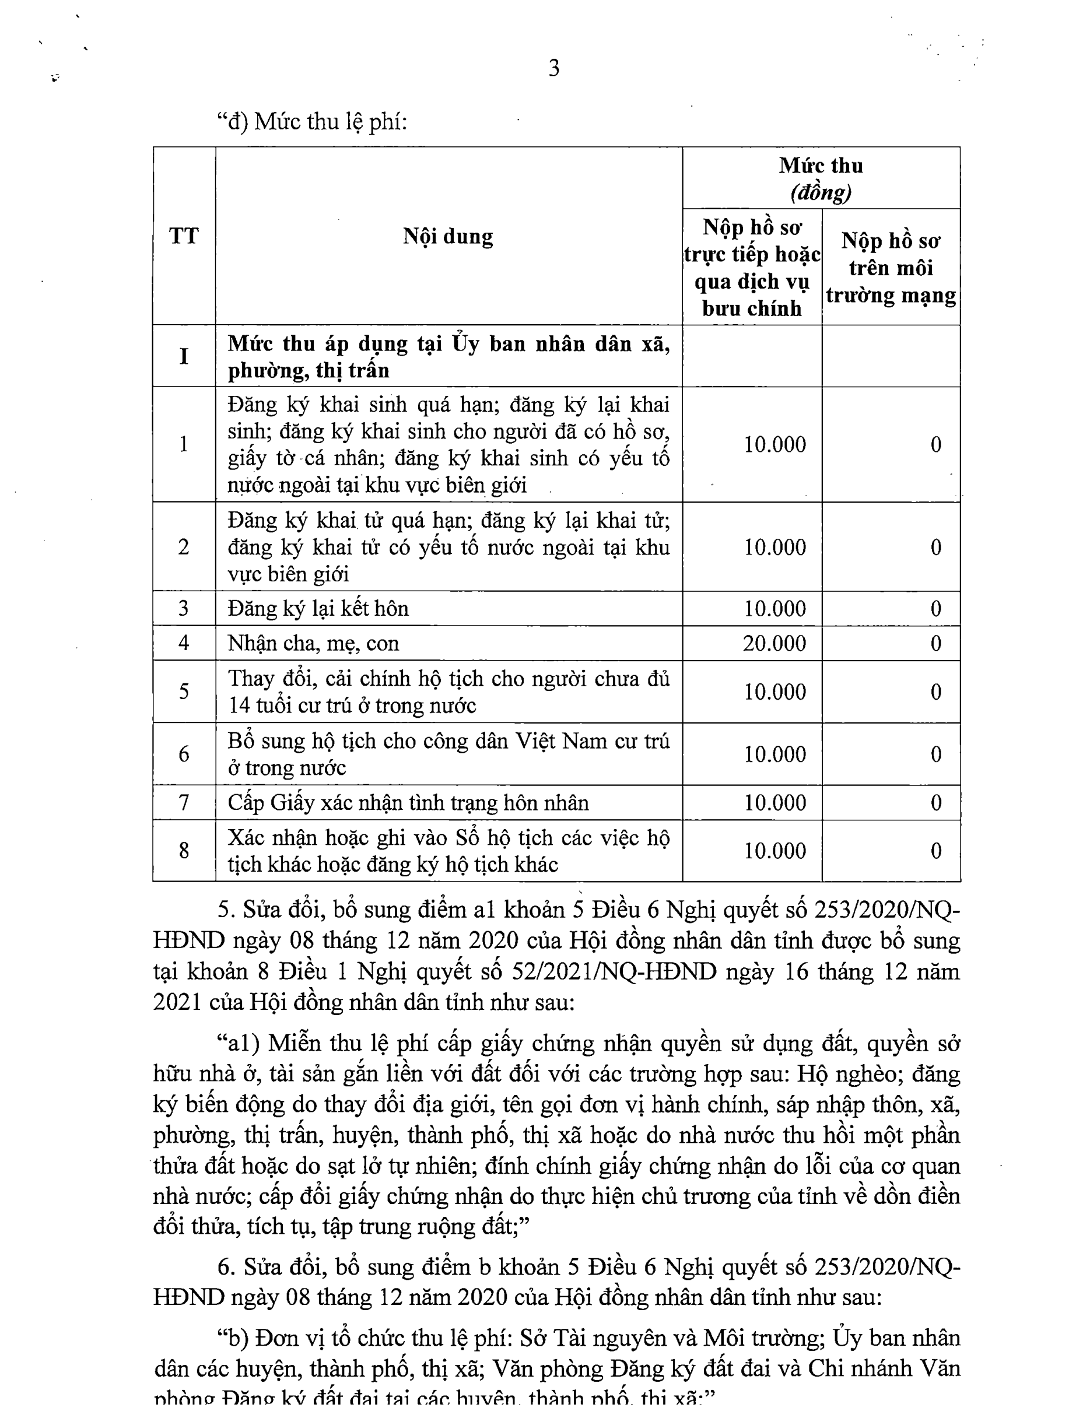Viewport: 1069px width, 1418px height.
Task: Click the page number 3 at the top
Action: click(553, 68)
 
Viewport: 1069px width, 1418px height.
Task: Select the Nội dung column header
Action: click(448, 236)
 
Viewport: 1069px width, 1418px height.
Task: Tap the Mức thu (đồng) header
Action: click(820, 178)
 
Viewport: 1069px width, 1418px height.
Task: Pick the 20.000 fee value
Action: click(774, 643)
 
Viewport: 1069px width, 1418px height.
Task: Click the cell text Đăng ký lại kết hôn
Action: click(318, 608)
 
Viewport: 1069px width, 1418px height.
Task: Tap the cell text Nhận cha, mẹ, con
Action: click(313, 643)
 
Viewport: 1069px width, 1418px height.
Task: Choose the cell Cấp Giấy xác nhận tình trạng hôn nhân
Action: click(408, 803)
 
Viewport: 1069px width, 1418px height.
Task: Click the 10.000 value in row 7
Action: click(774, 803)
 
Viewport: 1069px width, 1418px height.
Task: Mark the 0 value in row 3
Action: click(935, 608)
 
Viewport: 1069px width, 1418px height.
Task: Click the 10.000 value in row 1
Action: click(774, 444)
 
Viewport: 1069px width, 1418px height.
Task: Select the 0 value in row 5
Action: click(935, 692)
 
